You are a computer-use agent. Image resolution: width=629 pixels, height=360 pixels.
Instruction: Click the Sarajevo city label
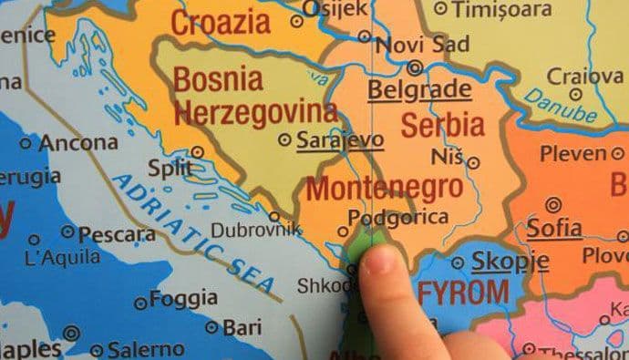coord(339,140)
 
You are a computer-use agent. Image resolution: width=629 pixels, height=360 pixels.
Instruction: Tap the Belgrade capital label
coord(419,89)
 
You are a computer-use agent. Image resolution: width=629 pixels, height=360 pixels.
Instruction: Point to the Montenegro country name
coord(384,188)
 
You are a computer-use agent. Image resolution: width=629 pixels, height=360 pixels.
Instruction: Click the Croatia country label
coord(221,22)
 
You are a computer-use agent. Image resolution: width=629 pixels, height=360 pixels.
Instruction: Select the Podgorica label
coord(398,217)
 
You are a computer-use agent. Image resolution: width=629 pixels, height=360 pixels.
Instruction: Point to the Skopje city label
coord(510,262)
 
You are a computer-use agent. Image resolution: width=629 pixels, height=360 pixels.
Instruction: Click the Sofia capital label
coord(553,227)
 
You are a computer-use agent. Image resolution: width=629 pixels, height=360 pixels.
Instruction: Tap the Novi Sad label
coord(422,45)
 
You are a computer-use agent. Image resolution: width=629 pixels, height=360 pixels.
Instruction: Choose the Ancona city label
coord(80,142)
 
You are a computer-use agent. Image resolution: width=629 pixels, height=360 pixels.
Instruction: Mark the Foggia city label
coord(183,299)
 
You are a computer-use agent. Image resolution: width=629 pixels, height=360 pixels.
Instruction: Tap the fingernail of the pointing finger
coord(377,262)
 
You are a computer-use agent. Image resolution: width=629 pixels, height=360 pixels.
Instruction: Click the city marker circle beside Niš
coord(473,162)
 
